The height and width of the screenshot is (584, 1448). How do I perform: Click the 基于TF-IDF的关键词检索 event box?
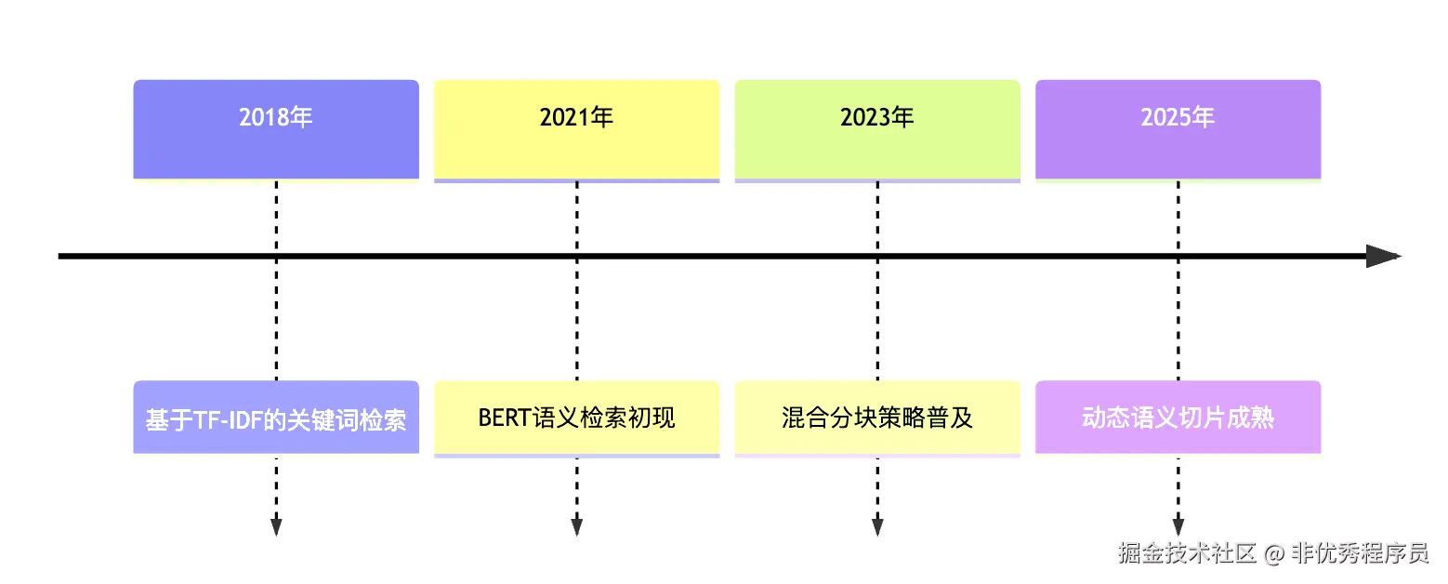coord(276,418)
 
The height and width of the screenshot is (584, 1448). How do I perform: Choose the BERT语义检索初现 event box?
coord(576,418)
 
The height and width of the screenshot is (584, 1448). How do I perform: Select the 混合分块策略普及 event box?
coord(877,418)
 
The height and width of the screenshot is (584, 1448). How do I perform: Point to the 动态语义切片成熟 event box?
coord(1178,418)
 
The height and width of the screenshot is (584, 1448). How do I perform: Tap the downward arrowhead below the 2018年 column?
coord(276,526)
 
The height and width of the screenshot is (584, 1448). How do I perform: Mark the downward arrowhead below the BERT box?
coord(576,526)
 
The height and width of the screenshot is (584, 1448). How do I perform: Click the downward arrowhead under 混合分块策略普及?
coord(877,526)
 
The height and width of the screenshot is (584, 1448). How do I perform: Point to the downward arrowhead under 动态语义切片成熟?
coord(1178,526)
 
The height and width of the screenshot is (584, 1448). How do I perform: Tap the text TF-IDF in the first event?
coord(226,419)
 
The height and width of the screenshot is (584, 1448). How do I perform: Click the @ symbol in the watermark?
coord(1274,554)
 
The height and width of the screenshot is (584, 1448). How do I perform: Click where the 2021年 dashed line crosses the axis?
coord(576,257)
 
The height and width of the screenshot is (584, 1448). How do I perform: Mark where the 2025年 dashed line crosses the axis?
coord(1178,257)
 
